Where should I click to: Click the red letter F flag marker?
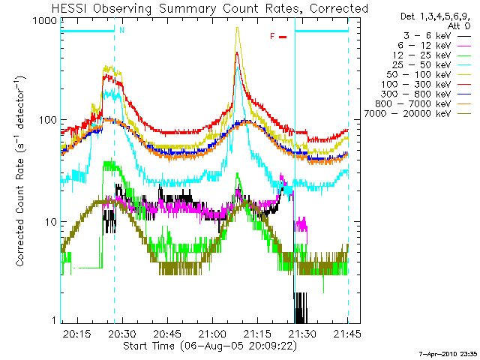coord(272,35)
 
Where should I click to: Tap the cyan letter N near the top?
coord(121,31)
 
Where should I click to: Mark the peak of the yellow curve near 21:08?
coord(238,28)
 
